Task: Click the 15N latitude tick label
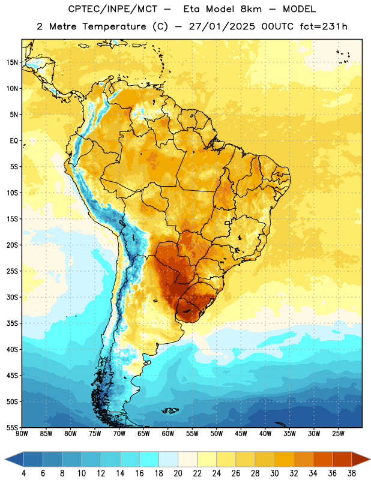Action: pyautogui.click(x=12, y=62)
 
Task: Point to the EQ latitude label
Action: pyautogui.click(x=14, y=141)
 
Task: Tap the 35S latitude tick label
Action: pyautogui.click(x=12, y=323)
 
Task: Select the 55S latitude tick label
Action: pyautogui.click(x=12, y=427)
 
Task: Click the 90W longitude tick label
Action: pyautogui.click(x=22, y=434)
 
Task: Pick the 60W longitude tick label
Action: pyautogui.click(x=168, y=434)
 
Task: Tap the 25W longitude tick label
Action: pyautogui.click(x=338, y=434)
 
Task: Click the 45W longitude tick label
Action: pyautogui.click(x=241, y=434)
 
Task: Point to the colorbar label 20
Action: pyautogui.click(x=178, y=473)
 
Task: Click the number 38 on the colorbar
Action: pyautogui.click(x=352, y=473)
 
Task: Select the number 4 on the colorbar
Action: pyautogui.click(x=23, y=473)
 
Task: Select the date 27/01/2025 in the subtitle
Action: pyautogui.click(x=222, y=26)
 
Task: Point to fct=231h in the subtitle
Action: pyautogui.click(x=324, y=26)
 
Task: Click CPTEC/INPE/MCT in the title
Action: pyautogui.click(x=113, y=9)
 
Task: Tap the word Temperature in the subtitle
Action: pyautogui.click(x=114, y=27)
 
